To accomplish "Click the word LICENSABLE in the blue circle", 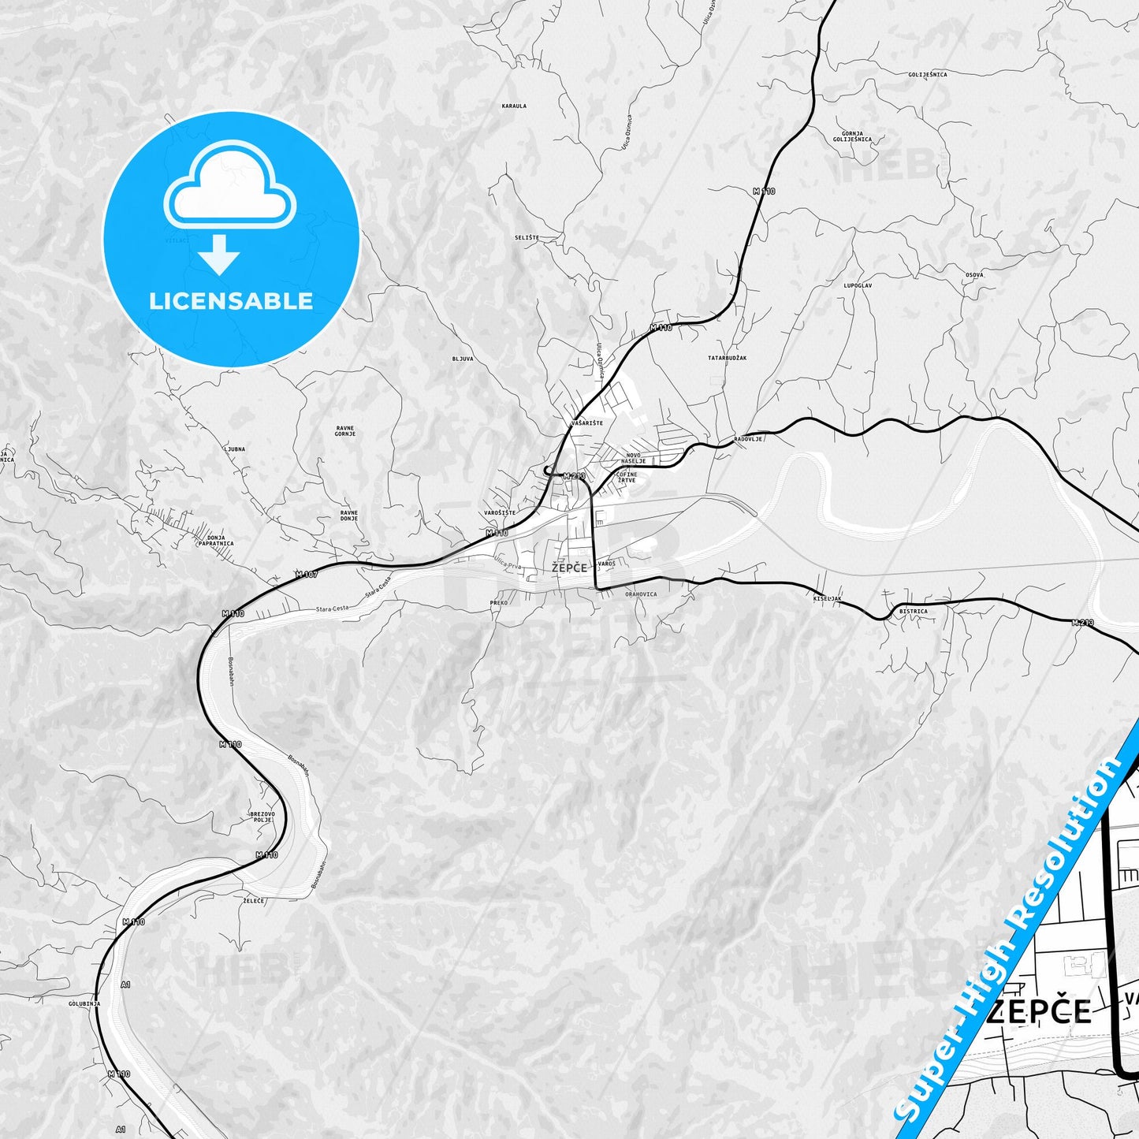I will [231, 301].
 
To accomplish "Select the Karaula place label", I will [514, 106].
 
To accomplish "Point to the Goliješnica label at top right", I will [927, 74].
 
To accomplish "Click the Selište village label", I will [527, 237].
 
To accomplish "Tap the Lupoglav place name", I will [858, 285].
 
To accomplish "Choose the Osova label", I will [974, 274].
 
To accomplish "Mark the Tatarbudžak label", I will [727, 358].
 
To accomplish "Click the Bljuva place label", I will [463, 359].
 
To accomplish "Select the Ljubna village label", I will [235, 449].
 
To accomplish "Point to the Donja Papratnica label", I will [215, 540].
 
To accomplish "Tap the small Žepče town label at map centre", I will [570, 568].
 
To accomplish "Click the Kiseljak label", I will [828, 599].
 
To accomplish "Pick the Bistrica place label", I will [913, 612].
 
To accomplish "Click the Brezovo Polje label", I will [262, 817].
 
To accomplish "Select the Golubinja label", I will [85, 1003].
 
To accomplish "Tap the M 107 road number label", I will [307, 575].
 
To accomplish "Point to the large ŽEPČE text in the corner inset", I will [1040, 1011].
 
